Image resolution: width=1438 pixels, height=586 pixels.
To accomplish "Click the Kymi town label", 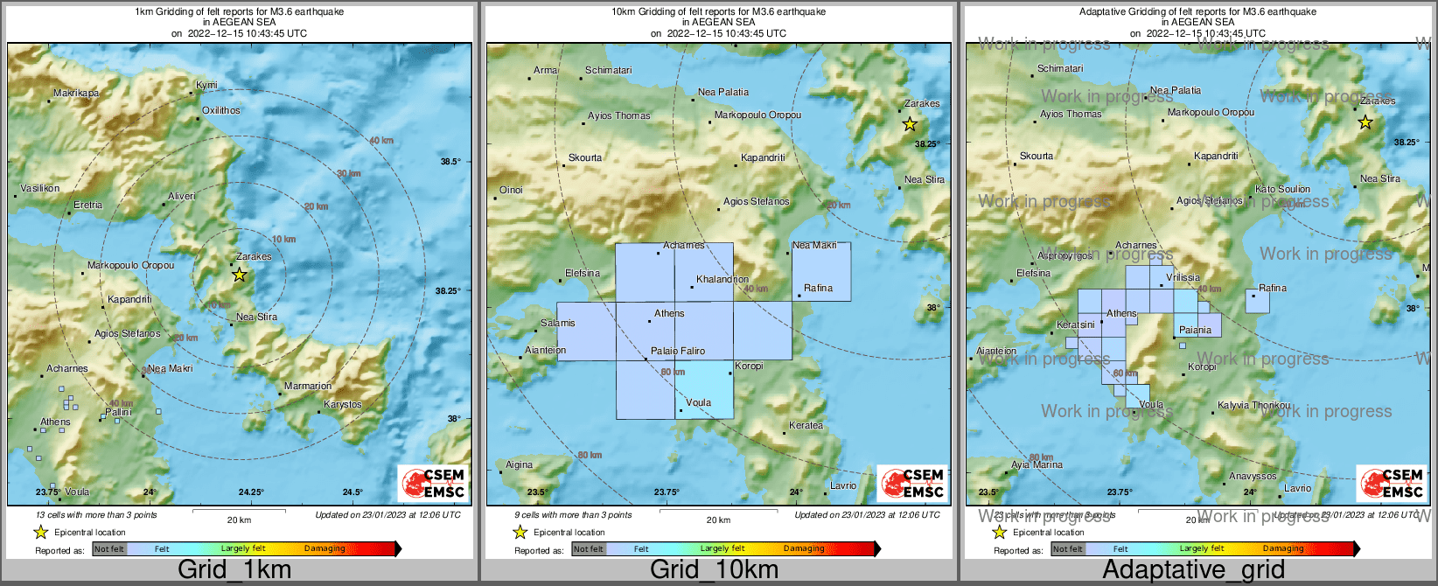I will (x=206, y=85).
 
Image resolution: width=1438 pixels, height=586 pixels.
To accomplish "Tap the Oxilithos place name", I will (x=220, y=110).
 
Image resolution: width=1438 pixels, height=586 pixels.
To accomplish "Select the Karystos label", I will (x=342, y=405).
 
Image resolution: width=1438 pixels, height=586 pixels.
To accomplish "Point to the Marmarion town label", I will (x=308, y=386).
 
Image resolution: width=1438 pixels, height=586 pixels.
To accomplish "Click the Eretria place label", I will (x=87, y=205).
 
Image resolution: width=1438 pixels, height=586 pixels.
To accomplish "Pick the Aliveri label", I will (x=182, y=196).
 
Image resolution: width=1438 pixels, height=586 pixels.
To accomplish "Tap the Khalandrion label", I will (x=722, y=280).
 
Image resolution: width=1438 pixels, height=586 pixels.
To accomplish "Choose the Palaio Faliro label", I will (x=678, y=351).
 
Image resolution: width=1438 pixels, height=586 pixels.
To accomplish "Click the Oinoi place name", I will (x=511, y=190).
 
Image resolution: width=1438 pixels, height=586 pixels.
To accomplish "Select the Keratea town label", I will (x=806, y=426).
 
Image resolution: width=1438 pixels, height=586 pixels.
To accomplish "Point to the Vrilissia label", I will (x=1183, y=277).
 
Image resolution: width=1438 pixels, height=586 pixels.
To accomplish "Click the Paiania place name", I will (x=1195, y=330).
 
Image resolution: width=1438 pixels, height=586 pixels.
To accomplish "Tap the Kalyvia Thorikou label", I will (x=1253, y=405).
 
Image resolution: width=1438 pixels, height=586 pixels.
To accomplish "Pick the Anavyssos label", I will (x=1253, y=476).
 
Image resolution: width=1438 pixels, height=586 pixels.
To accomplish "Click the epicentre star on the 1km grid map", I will (x=240, y=275).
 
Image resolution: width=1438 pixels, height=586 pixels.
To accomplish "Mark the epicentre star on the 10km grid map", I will (x=910, y=124).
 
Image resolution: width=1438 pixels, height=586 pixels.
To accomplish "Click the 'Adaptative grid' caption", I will (x=1193, y=569).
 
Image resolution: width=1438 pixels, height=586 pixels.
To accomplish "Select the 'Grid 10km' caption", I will (x=714, y=569).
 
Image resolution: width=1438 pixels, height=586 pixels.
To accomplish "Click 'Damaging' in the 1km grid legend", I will (x=325, y=549).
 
